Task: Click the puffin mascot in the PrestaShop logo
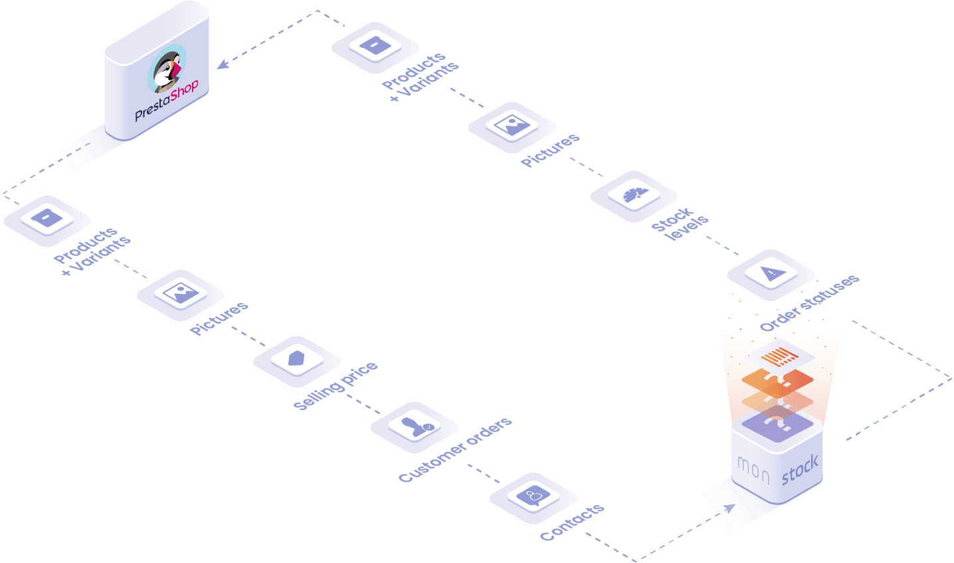coord(167,68)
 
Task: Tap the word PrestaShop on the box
coord(167,100)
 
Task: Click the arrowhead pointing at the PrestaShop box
coord(223,64)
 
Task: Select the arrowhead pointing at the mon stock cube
coord(730,508)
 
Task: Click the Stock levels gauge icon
coord(635,195)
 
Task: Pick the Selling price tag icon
coord(296,358)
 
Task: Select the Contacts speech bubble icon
coord(533,496)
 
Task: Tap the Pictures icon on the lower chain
coord(181,293)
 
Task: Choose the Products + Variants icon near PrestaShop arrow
coord(375,45)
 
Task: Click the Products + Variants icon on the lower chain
coord(47,218)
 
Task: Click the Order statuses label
coord(810,302)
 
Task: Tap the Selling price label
coord(335,386)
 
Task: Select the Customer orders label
coord(455,449)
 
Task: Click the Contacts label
coord(572,522)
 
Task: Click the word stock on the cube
coord(800,470)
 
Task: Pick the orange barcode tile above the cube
coord(779,356)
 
